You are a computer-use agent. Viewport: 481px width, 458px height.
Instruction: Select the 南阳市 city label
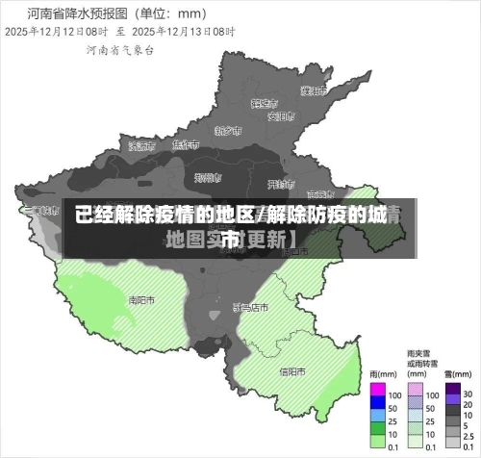click(141, 299)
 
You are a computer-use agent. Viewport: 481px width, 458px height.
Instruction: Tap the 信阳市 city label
click(292, 371)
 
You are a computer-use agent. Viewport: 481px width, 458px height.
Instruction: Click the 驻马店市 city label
click(251, 308)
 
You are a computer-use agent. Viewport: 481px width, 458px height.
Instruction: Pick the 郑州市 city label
click(207, 178)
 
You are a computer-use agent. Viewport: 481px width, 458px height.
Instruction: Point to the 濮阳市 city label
click(313, 91)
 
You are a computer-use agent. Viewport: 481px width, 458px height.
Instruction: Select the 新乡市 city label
click(227, 130)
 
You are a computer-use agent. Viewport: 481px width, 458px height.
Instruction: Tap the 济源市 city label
click(140, 146)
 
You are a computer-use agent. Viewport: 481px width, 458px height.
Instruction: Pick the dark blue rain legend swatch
click(378, 407)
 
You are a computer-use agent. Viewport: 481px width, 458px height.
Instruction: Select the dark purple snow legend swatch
click(452, 394)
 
